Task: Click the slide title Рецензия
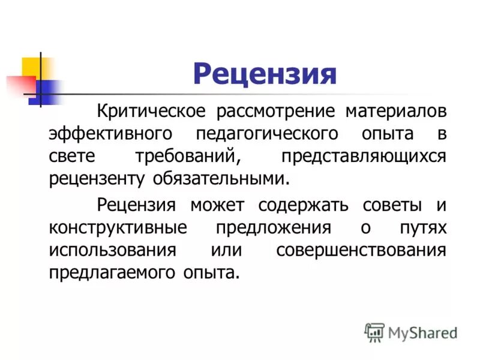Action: coord(265,76)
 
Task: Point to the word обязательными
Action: coord(229,178)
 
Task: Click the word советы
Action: coord(393,205)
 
